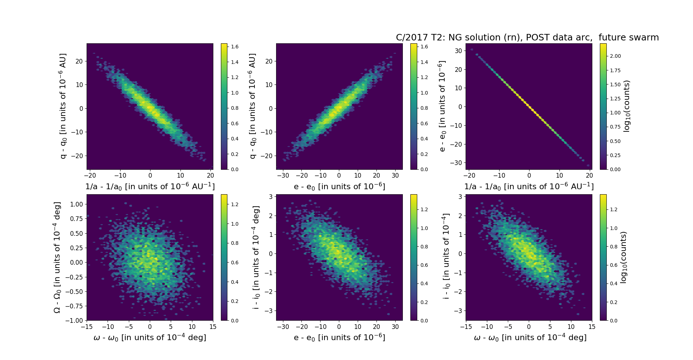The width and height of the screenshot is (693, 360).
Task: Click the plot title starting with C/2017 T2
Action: tap(527, 38)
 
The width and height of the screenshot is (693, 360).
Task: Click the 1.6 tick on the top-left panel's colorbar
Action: tap(235, 47)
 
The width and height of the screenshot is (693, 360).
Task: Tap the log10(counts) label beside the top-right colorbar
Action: tap(627, 106)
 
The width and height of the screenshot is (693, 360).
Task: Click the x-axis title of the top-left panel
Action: tap(150, 186)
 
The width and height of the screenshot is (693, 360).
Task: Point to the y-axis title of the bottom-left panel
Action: tap(57, 257)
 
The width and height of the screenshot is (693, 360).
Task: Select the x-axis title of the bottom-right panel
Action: tap(530, 337)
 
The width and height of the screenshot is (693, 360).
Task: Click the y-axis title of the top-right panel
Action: tap(442, 106)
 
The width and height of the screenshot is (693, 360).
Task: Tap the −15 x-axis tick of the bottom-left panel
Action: tap(87, 327)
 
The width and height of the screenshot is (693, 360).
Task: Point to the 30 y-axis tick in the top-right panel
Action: tap(458, 51)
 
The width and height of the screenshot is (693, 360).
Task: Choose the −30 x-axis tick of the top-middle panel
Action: tap(283, 175)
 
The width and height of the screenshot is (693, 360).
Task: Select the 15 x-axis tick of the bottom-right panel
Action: tap(592, 327)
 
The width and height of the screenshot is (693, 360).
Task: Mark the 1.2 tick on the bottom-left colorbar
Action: tap(235, 204)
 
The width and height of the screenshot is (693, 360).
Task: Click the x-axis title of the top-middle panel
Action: tap(339, 186)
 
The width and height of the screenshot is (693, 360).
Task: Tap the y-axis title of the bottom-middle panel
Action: tap(256, 257)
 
